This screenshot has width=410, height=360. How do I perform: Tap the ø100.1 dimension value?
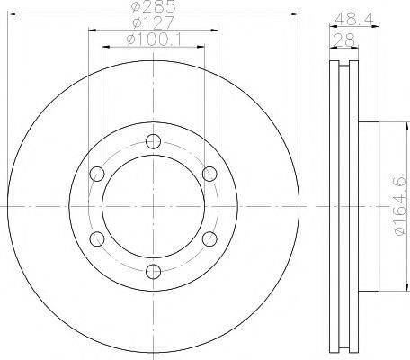151,40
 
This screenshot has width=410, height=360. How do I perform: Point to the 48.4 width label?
346,16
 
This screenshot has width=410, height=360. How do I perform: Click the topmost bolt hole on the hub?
151,140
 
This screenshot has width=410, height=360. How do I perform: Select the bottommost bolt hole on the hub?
151,271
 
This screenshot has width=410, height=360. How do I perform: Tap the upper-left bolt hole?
94,174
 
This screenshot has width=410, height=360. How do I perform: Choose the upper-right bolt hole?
209,174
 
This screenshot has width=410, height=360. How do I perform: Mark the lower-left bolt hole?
94,238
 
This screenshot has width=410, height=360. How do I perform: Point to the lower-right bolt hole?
209,238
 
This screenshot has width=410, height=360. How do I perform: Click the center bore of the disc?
151,206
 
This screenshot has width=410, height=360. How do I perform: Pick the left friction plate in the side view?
332,206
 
